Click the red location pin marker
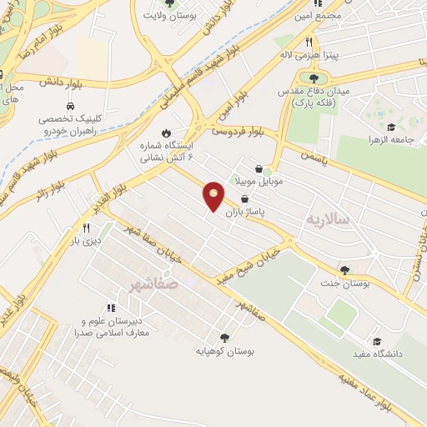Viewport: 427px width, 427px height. pyautogui.click(x=213, y=196)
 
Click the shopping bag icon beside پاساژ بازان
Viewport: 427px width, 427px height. pyautogui.click(x=244, y=198)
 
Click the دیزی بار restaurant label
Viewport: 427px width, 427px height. pyautogui.click(x=84, y=241)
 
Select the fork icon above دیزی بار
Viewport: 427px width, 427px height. pyautogui.click(x=85, y=227)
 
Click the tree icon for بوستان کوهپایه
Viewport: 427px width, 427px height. pyautogui.click(x=224, y=338)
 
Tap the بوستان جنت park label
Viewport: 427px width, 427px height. pyautogui.click(x=344, y=284)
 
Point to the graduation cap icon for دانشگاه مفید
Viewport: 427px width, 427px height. pyautogui.click(x=377, y=341)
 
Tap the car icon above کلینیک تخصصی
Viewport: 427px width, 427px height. pyautogui.click(x=71, y=107)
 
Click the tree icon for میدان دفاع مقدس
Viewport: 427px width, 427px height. pyautogui.click(x=313, y=78)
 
